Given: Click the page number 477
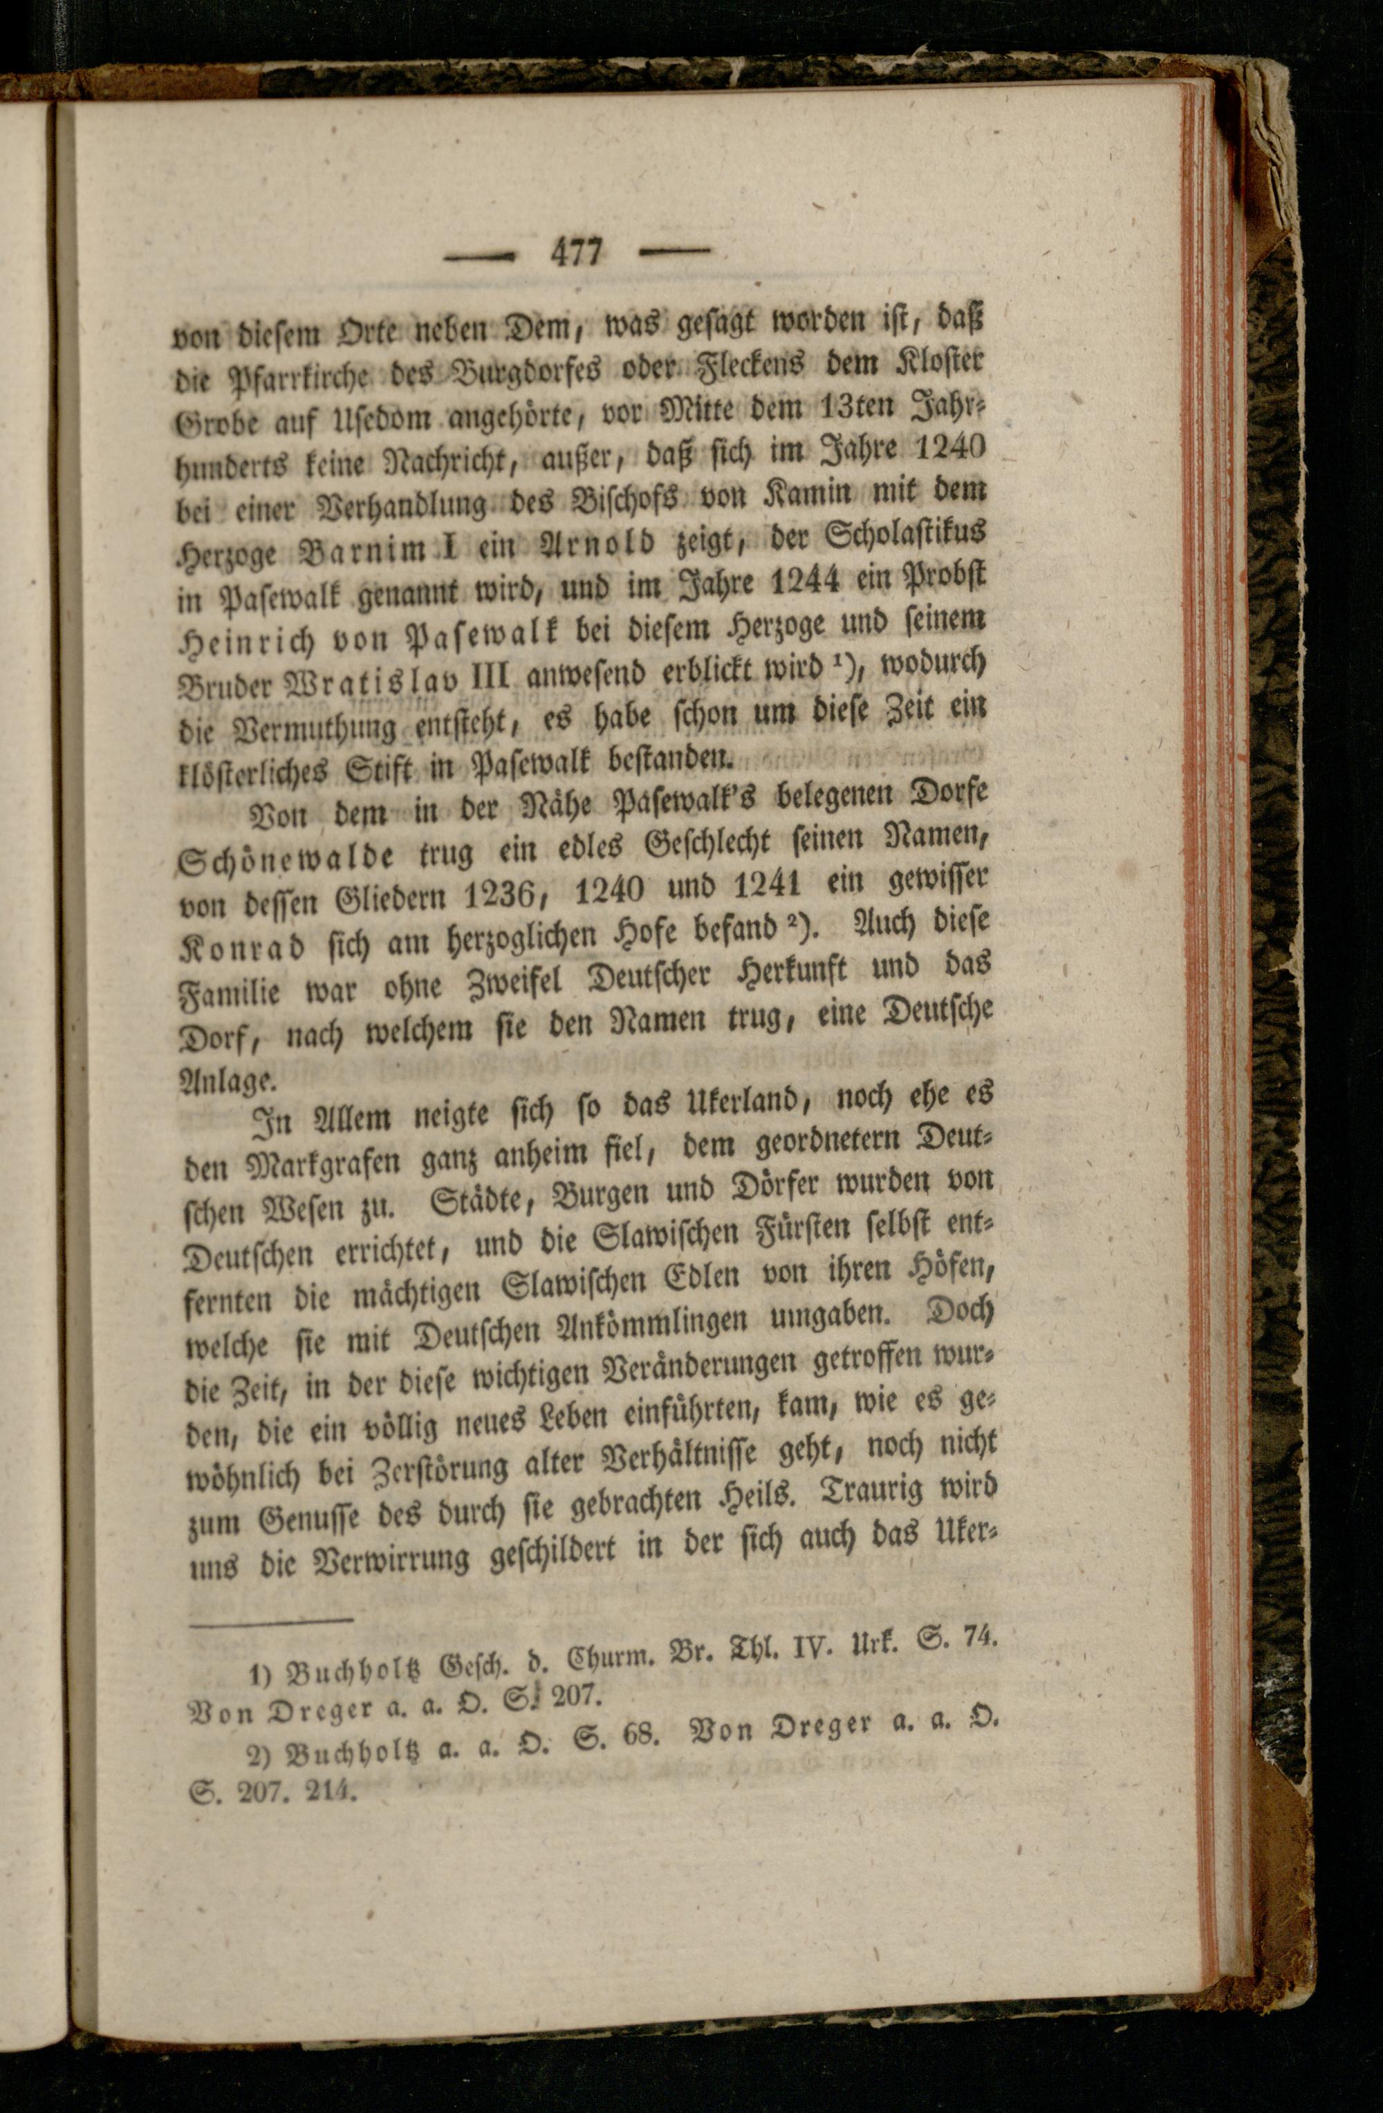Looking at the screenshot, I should point(576,253).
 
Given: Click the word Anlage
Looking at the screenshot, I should point(225,1081).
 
